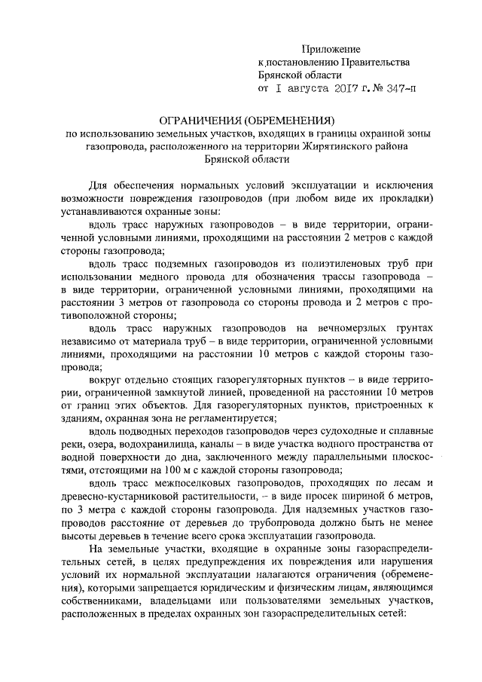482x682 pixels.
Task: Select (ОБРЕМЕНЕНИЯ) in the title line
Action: [292, 120]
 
